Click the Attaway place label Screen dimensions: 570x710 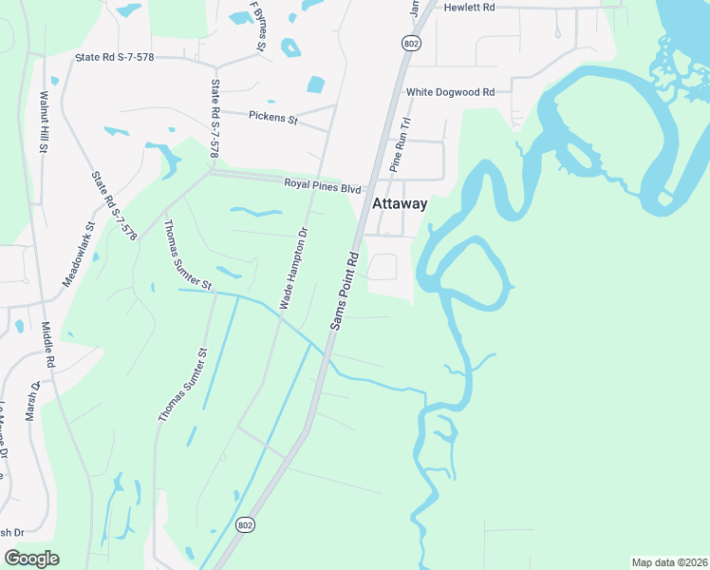(x=400, y=203)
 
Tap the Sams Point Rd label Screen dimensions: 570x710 (x=344, y=291)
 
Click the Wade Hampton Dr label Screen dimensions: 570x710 (x=293, y=267)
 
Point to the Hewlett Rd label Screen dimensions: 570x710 (x=470, y=7)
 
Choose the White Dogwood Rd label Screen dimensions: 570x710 (x=451, y=92)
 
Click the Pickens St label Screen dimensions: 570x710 (x=273, y=119)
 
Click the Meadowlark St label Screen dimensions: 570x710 (x=80, y=255)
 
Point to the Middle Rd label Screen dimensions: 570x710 (x=48, y=349)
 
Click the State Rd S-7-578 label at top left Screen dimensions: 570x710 (x=127, y=58)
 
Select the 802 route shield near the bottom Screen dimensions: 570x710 (x=245, y=525)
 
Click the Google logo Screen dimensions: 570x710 (x=31, y=558)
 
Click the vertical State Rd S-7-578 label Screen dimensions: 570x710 (x=215, y=119)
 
